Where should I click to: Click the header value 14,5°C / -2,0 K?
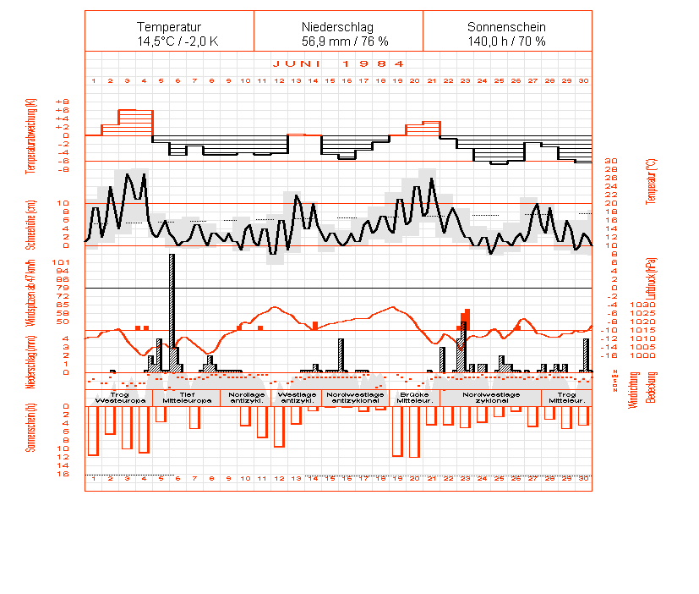pos(169,41)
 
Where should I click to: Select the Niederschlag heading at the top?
pos(338,27)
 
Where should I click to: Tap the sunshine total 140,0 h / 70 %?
pos(507,41)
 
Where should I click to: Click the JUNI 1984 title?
pos(338,63)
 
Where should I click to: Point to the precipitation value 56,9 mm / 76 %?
pos(338,41)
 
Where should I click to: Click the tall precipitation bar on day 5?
pos(172,305)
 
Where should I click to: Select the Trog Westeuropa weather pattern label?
pos(118,398)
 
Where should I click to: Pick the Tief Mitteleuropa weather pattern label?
pos(186,398)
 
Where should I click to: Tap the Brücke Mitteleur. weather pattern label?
pos(415,398)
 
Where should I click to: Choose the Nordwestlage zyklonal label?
pos(490,398)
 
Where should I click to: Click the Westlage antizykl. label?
pos(296,398)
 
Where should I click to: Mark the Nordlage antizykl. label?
pos(246,398)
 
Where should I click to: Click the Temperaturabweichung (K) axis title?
pos(31,135)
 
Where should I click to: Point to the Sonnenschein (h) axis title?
pos(31,426)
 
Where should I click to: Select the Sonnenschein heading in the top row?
pos(507,27)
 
